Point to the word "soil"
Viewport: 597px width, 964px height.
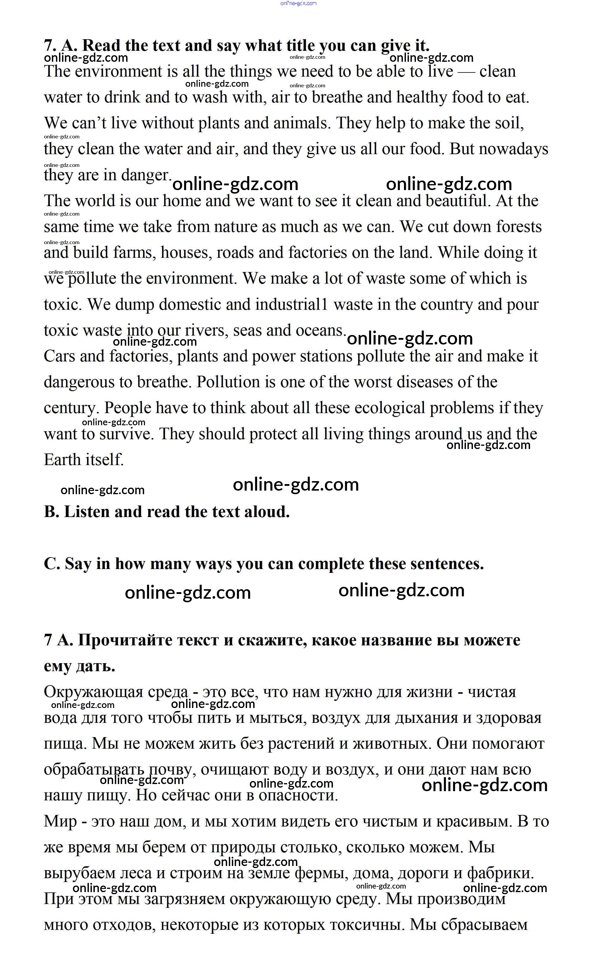[x=509, y=123]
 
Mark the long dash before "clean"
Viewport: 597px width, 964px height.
[x=466, y=72]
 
